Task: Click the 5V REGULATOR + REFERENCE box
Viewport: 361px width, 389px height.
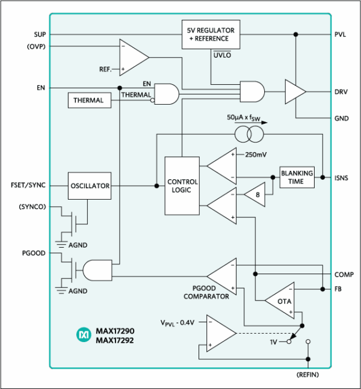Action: tap(211, 34)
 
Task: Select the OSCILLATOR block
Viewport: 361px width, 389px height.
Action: tap(90, 186)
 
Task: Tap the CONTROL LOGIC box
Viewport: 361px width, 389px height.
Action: tap(182, 186)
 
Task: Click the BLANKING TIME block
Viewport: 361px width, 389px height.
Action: tap(297, 177)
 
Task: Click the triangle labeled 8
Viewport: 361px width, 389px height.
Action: tap(256, 195)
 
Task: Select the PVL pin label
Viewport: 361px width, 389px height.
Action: tap(340, 34)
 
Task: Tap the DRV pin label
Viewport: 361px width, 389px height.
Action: tap(341, 92)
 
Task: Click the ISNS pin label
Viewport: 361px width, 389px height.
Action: tap(341, 178)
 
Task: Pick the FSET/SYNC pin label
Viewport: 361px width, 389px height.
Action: tap(28, 185)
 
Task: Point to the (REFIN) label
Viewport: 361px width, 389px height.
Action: tap(308, 375)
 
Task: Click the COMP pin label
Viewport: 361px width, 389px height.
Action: tap(344, 275)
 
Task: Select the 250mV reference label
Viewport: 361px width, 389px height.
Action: tap(256, 155)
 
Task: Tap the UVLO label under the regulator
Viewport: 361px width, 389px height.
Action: tap(222, 55)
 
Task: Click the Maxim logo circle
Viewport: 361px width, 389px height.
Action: tap(84, 335)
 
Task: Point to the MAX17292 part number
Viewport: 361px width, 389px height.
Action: tap(115, 340)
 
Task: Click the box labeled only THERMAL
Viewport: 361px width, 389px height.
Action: tap(90, 100)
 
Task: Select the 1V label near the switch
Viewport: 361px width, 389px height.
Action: tap(273, 342)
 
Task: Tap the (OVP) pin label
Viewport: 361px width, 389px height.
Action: tap(36, 46)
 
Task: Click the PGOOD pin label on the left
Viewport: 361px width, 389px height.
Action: tap(34, 253)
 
